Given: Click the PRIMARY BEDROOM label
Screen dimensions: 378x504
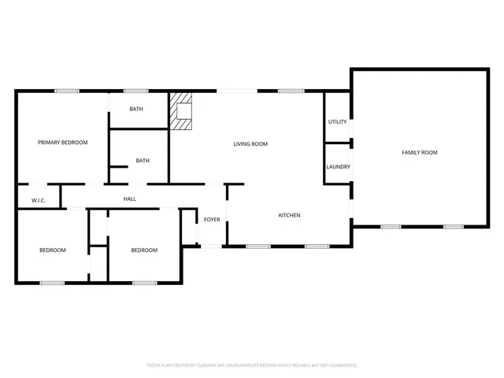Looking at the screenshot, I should (63, 143).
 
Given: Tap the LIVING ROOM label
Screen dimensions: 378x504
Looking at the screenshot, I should (250, 144).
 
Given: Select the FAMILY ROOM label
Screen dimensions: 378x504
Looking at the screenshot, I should (419, 152).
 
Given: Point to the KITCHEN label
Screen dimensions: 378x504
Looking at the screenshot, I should (289, 215).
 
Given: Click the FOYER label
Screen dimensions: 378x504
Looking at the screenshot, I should (212, 220).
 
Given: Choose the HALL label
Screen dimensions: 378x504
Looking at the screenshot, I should (129, 198).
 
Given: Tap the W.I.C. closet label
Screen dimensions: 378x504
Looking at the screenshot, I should (39, 201).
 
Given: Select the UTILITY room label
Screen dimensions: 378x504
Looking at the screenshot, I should (338, 122).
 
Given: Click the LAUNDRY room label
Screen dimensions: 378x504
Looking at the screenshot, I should (338, 167).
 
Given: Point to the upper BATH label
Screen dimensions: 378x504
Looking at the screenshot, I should (136, 109).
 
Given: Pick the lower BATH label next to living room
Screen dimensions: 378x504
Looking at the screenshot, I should (143, 161).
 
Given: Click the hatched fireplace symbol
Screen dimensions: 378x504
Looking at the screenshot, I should (183, 110).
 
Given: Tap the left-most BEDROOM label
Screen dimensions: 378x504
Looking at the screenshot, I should (53, 250).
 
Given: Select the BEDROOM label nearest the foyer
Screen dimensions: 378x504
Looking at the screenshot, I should (144, 250).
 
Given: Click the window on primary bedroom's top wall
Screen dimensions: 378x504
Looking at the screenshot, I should (66, 91).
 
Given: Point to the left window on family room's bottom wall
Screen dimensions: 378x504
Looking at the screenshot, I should (391, 227).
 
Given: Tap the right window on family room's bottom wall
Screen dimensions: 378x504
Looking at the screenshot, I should (453, 227).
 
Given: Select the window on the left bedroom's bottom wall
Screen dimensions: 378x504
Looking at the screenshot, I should (52, 283).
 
